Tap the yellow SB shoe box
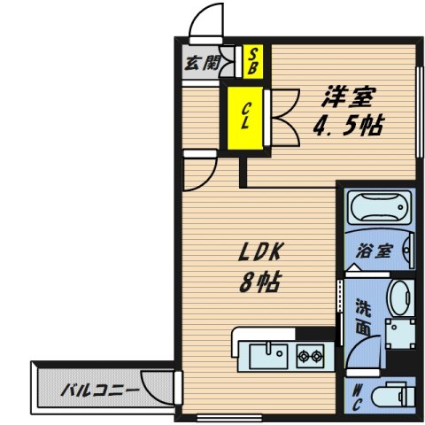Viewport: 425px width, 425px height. [x=252, y=62]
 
